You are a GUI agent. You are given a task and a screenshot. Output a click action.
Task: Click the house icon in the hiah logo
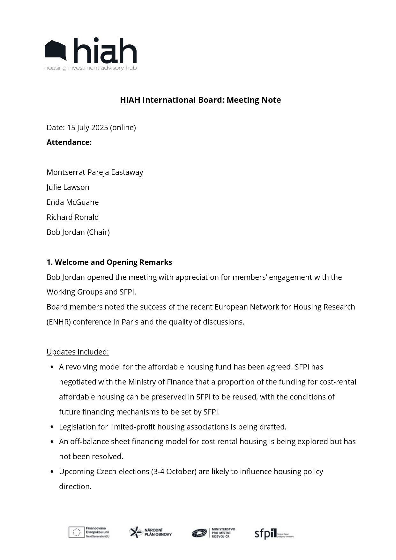point(56,50)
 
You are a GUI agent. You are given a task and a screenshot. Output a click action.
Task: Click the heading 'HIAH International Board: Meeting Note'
point(200,100)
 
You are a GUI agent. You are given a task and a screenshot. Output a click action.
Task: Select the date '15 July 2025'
point(87,128)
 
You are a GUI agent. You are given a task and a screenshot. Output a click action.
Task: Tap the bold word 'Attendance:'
point(69,142)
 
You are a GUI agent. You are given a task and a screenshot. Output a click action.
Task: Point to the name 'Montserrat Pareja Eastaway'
point(95,172)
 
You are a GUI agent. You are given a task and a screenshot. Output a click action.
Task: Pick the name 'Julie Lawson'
point(68,187)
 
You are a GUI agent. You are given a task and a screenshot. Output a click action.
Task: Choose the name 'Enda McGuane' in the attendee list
point(73,202)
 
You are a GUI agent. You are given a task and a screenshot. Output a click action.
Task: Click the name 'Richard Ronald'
point(73,217)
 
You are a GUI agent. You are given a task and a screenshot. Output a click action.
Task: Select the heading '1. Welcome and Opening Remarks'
point(109,262)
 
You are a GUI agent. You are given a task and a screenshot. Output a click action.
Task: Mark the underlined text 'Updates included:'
point(78,352)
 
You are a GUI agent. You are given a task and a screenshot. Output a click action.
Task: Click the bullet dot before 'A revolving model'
point(52,367)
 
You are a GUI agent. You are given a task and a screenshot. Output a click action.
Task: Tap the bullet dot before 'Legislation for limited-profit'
point(52,427)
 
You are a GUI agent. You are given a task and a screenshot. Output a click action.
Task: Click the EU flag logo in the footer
point(77,532)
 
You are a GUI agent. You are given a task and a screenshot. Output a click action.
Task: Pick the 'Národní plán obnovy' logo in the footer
point(150,532)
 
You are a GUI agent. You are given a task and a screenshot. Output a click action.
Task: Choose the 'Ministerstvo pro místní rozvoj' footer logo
point(213,533)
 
